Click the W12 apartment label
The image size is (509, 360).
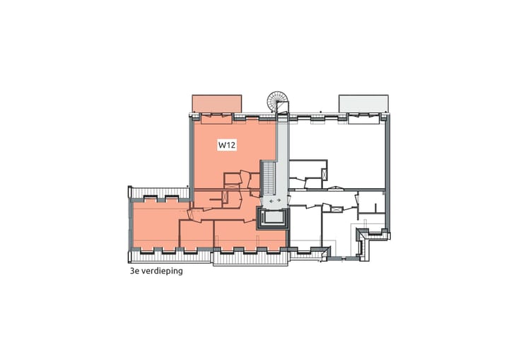[x=226, y=146]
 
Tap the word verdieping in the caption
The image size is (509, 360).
[x=160, y=269]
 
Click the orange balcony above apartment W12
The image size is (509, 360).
[x=218, y=103]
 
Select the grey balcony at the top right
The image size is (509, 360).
[x=363, y=103]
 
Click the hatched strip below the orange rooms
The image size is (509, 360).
[x=249, y=259]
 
